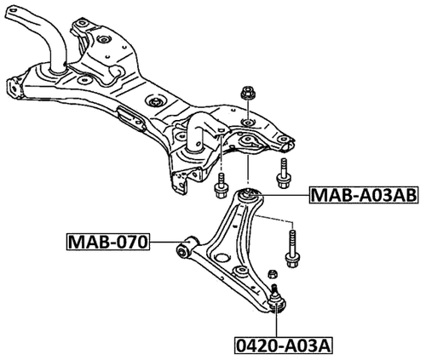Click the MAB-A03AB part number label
click(363, 196)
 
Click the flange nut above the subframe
click(250, 94)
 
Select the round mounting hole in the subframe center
click(158, 101)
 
